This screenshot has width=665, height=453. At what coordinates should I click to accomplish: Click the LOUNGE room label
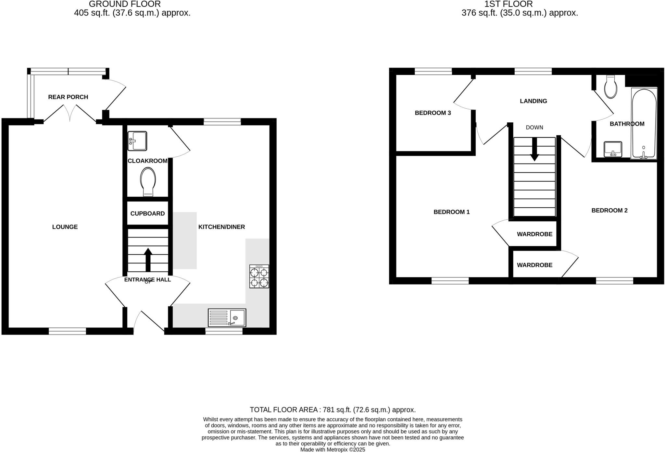tap(65, 227)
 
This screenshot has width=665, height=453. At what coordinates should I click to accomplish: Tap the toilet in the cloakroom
tap(148, 181)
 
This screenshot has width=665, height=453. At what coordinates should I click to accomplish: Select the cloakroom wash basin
tap(137, 141)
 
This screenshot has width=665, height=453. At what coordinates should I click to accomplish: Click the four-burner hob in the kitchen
tap(259, 276)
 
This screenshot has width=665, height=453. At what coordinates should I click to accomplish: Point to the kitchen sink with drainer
tap(227, 318)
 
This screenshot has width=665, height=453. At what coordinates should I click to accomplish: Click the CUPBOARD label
tap(147, 214)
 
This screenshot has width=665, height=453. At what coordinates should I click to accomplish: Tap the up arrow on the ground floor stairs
tap(148, 259)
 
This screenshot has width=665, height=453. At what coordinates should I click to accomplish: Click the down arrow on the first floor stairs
tap(534, 149)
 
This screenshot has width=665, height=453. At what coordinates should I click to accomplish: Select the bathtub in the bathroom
tap(644, 124)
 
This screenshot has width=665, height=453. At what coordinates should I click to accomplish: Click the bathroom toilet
tap(611, 87)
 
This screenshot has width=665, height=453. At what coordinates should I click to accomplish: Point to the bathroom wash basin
tap(613, 149)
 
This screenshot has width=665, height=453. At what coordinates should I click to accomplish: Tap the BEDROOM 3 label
tap(433, 113)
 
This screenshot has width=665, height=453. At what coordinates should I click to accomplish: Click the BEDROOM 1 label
tap(452, 212)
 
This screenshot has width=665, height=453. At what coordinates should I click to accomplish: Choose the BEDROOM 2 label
tap(609, 210)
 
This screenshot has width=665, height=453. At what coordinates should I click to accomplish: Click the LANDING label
tap(533, 101)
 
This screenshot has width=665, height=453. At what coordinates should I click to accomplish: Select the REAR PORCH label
tap(68, 97)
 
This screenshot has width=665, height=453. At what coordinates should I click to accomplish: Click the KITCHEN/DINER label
tap(221, 227)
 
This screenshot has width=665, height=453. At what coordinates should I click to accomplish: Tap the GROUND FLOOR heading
tap(125, 4)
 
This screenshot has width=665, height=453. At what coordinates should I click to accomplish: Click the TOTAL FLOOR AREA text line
tap(332, 410)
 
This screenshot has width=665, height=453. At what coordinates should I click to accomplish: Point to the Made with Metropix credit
tap(332, 450)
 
